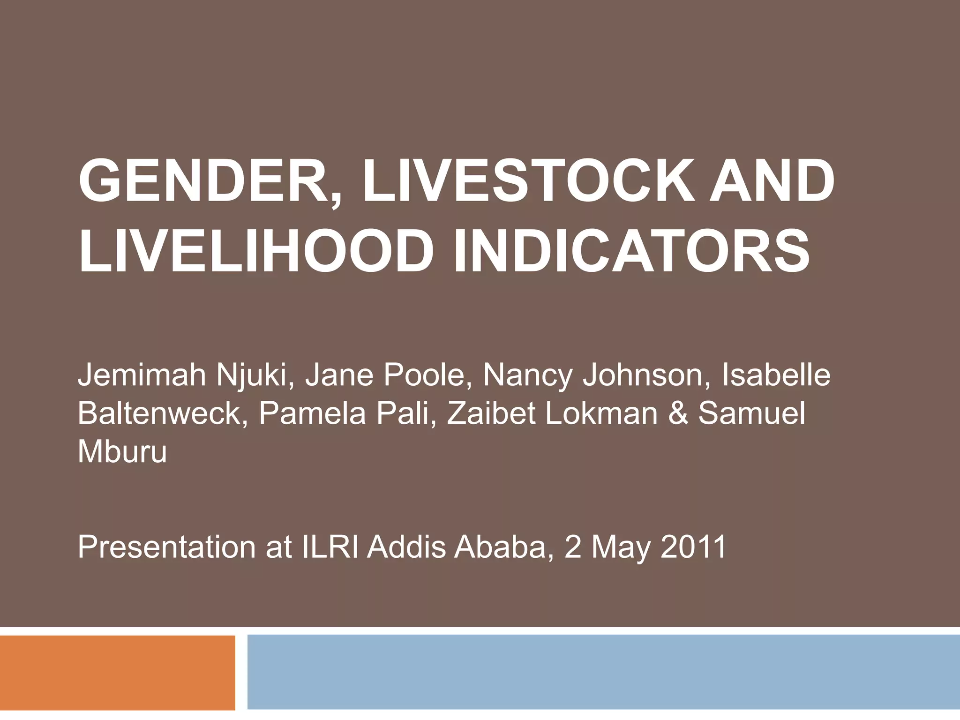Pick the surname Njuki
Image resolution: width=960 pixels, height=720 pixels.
point(255,375)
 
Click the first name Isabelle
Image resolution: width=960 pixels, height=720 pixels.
point(776,375)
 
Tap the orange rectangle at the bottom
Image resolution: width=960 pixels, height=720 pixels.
point(117,672)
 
